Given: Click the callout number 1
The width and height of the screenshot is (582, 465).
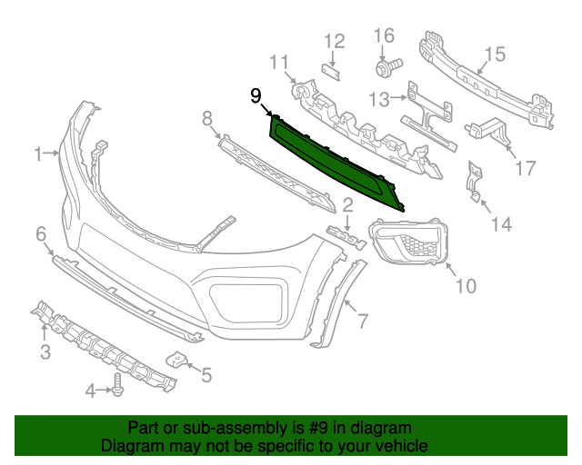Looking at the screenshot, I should coord(39,155).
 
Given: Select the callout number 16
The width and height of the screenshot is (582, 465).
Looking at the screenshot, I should coord(384,36).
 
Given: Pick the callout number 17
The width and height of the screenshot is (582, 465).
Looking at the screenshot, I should coord(525,168).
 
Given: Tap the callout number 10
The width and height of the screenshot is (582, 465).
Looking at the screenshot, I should coord(465,286).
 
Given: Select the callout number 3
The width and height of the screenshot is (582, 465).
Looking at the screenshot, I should coord(45,351).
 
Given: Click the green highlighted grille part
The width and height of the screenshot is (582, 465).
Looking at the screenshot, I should coord(336,161).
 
